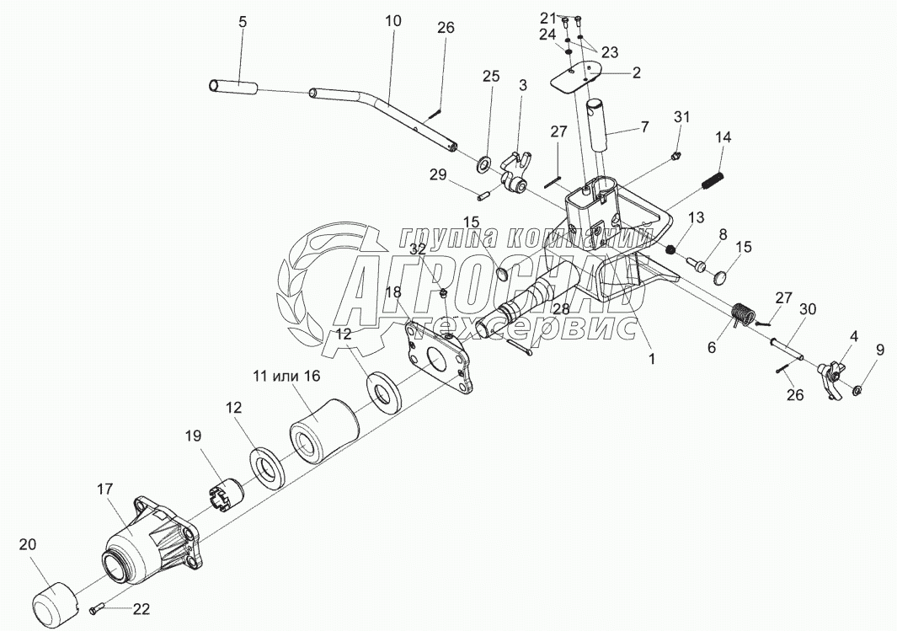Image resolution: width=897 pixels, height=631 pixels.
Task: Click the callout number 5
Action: click(243, 23)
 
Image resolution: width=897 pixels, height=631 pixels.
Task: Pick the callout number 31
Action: click(681, 117)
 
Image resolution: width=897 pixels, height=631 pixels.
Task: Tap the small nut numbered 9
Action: click(855, 390)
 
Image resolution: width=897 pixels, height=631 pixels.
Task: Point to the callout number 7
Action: click(645, 127)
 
